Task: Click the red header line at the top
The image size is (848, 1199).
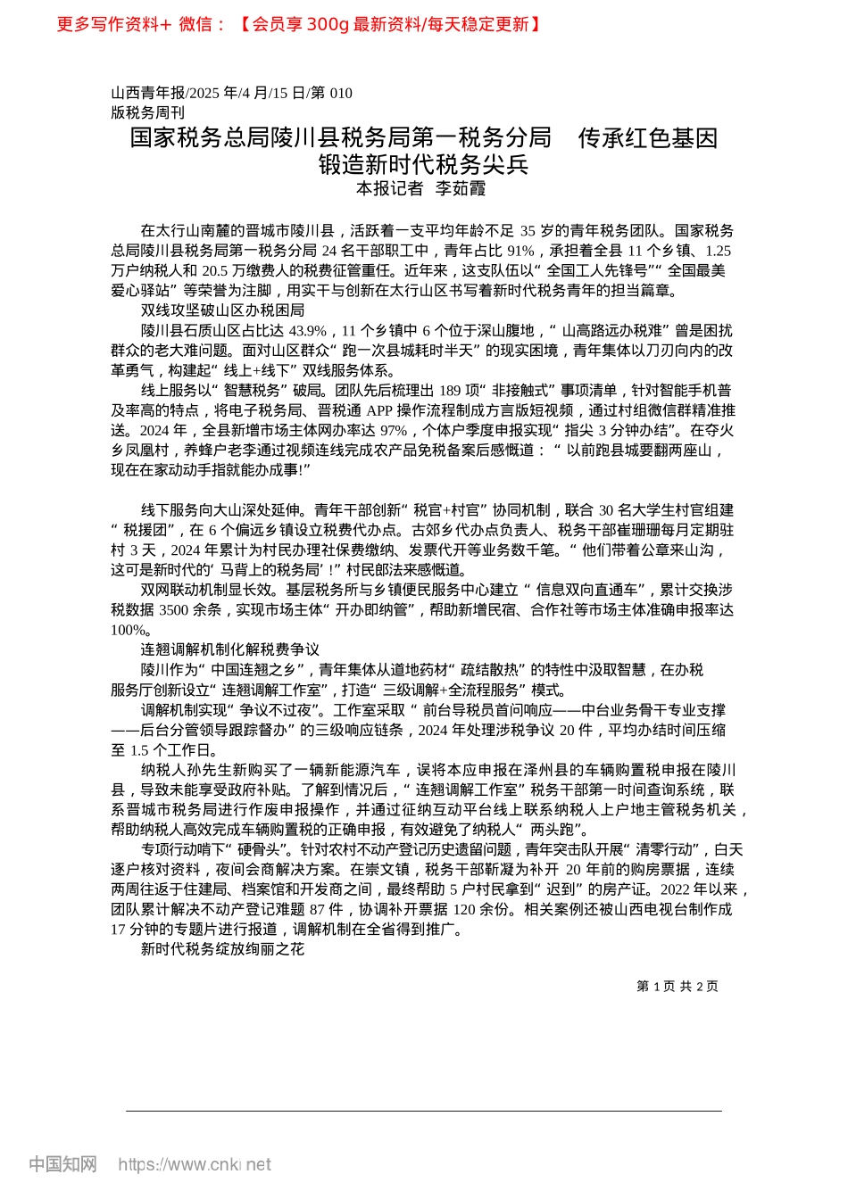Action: (299, 24)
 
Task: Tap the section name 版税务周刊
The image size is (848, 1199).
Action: (148, 112)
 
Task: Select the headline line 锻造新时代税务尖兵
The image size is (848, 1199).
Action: (423, 165)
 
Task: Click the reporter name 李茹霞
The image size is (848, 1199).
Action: (461, 188)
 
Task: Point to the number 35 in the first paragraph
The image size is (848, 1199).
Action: (528, 231)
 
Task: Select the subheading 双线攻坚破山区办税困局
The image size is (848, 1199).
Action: (222, 310)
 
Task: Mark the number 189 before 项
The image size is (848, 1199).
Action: (450, 390)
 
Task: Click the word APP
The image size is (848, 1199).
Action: (379, 410)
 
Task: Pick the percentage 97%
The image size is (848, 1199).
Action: (393, 430)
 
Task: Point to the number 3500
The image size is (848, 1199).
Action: (176, 610)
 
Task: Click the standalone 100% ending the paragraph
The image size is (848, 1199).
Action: (129, 630)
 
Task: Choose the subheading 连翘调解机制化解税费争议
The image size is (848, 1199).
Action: (229, 649)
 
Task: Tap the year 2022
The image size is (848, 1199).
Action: (678, 889)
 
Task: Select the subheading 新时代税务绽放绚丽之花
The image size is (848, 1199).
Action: (222, 949)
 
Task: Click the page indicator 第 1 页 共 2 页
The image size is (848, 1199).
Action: (677, 986)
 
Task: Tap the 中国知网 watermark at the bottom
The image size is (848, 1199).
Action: (62, 1164)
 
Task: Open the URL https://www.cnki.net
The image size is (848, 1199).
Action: (195, 1164)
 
